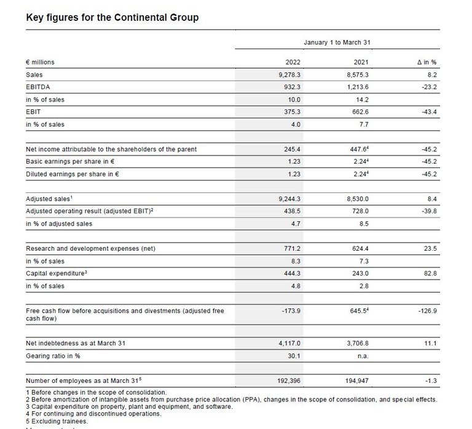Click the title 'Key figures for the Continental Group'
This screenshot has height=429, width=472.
pyautogui.click(x=112, y=17)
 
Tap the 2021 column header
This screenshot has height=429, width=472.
pyautogui.click(x=361, y=62)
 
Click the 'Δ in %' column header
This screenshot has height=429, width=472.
pyautogui.click(x=425, y=62)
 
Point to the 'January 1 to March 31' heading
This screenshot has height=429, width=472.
pyautogui.click(x=338, y=42)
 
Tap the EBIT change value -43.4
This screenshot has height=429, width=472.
pyautogui.click(x=428, y=112)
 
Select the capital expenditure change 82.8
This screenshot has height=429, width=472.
pyautogui.click(x=429, y=274)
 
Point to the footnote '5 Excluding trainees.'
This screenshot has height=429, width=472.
pyautogui.click(x=57, y=421)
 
